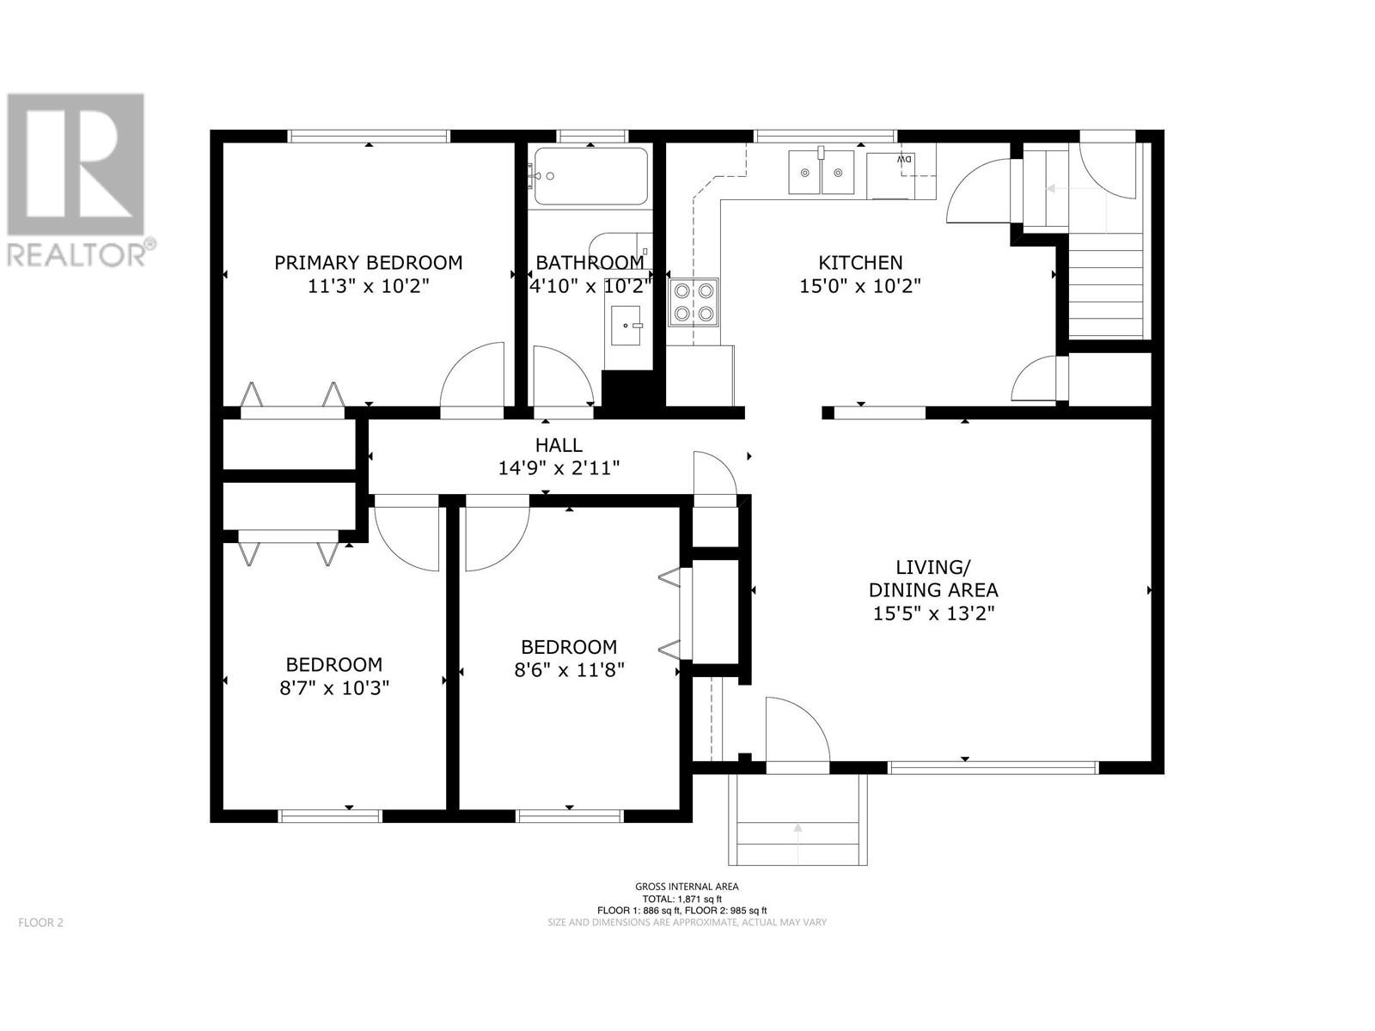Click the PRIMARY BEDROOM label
369,263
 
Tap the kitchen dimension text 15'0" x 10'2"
860,286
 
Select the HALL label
559,445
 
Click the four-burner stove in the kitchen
694,303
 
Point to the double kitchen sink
821,172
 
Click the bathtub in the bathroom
590,176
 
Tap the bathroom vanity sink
626,326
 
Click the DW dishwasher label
904,161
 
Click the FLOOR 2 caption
40,922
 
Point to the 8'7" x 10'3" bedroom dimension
334,688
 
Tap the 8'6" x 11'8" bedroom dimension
570,670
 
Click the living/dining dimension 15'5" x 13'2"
934,613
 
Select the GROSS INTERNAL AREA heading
687,887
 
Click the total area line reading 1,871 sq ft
687,899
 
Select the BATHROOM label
590,263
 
